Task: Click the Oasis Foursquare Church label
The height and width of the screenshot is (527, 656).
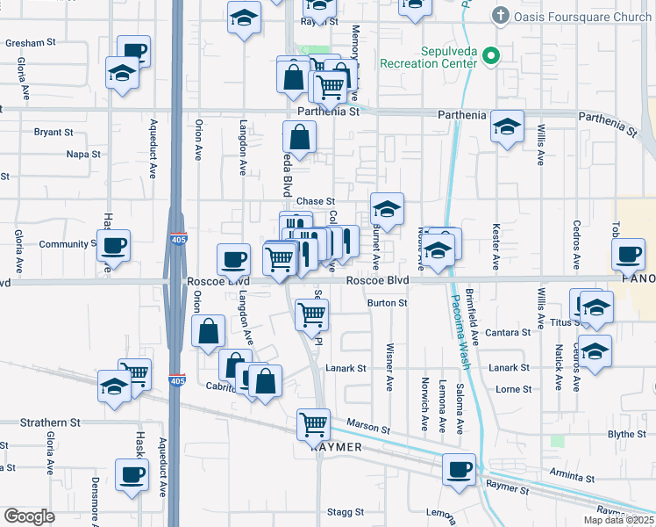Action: point(583,16)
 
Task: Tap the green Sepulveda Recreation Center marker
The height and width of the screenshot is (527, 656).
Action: point(491,58)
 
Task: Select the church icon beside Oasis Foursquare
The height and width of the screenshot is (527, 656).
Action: point(500,15)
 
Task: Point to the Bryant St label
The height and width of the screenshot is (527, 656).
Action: point(53,133)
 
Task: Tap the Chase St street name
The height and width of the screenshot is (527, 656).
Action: point(316,202)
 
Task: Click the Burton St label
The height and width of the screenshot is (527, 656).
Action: point(388,303)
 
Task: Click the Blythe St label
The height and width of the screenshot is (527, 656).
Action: point(626,435)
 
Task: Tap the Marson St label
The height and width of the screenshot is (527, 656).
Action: point(367,428)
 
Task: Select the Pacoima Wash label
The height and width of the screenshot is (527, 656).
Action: point(461,329)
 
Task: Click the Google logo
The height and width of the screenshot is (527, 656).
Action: point(29,516)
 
